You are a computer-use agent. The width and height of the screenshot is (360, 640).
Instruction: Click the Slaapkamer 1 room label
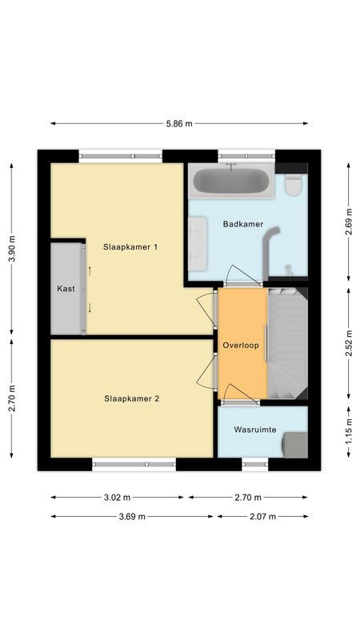pyautogui.click(x=130, y=247)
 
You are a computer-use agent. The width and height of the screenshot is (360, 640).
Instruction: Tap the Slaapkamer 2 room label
pyautogui.click(x=131, y=398)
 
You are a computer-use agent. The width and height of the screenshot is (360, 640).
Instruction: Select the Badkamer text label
pyautogui.click(x=244, y=225)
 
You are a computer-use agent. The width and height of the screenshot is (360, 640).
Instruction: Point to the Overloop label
pyautogui.click(x=241, y=346)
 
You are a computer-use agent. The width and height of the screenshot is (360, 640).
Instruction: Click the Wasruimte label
pyautogui.click(x=255, y=430)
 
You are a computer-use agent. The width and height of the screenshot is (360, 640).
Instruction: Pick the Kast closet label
pyautogui.click(x=66, y=289)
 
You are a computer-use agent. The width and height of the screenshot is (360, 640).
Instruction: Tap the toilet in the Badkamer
pyautogui.click(x=293, y=186)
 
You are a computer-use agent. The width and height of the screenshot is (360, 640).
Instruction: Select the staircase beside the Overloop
pyautogui.click(x=287, y=344)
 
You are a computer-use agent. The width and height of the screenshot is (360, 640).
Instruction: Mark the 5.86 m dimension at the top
pyautogui.click(x=179, y=124)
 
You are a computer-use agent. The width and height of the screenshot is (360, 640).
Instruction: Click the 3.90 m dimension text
pyautogui.click(x=11, y=250)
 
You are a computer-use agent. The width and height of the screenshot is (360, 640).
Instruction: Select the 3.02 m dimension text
pyautogui.click(x=118, y=497)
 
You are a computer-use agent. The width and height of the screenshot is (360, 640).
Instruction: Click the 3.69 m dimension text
pyautogui.click(x=132, y=517)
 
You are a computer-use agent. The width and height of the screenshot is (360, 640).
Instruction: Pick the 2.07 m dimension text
pyautogui.click(x=262, y=517)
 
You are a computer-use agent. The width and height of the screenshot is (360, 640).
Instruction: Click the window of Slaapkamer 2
pyautogui.click(x=134, y=463)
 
